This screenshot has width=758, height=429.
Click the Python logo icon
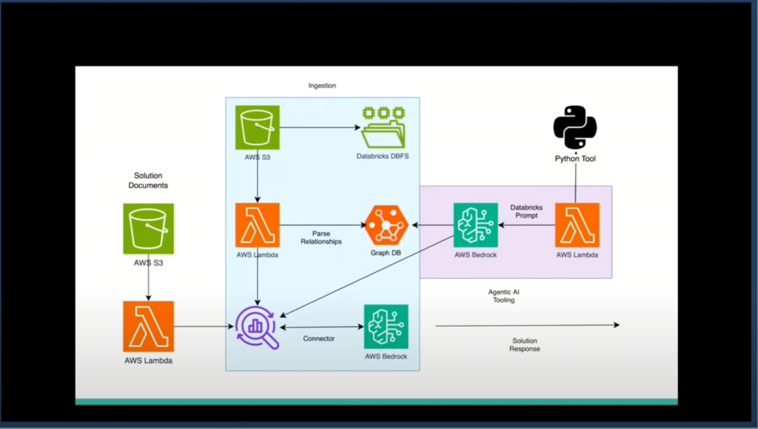[x=575, y=127]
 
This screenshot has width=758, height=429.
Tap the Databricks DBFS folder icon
[x=383, y=127]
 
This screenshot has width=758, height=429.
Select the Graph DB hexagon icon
[x=386, y=225]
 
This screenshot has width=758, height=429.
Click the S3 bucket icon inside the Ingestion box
[x=257, y=127]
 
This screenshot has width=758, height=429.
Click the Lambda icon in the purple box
[x=577, y=225]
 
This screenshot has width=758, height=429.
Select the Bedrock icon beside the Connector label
[x=386, y=327]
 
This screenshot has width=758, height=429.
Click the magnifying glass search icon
[x=258, y=327]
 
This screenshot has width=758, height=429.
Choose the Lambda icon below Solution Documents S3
[x=148, y=326]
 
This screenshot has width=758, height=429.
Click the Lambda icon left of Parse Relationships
[x=257, y=225]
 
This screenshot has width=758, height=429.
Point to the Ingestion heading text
[x=322, y=86]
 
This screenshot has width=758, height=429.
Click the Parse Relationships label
[x=322, y=237]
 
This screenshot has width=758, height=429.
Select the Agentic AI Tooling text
[x=503, y=296]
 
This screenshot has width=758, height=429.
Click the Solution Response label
[x=525, y=344]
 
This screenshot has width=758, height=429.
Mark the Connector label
[x=319, y=339]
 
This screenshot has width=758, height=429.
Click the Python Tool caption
[x=575, y=159]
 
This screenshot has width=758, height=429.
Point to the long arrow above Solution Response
[x=527, y=326]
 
